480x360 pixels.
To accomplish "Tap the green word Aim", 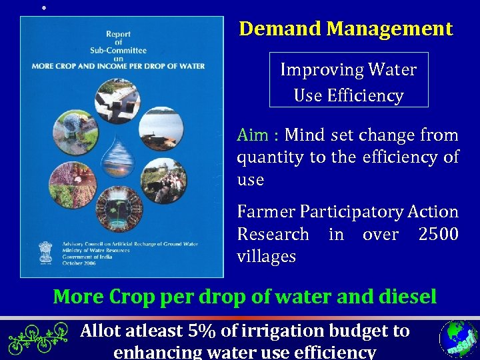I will click(253, 135).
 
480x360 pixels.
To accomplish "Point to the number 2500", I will click(438, 235).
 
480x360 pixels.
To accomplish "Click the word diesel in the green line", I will click(399, 297).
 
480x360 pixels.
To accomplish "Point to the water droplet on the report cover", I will click(121, 163).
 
